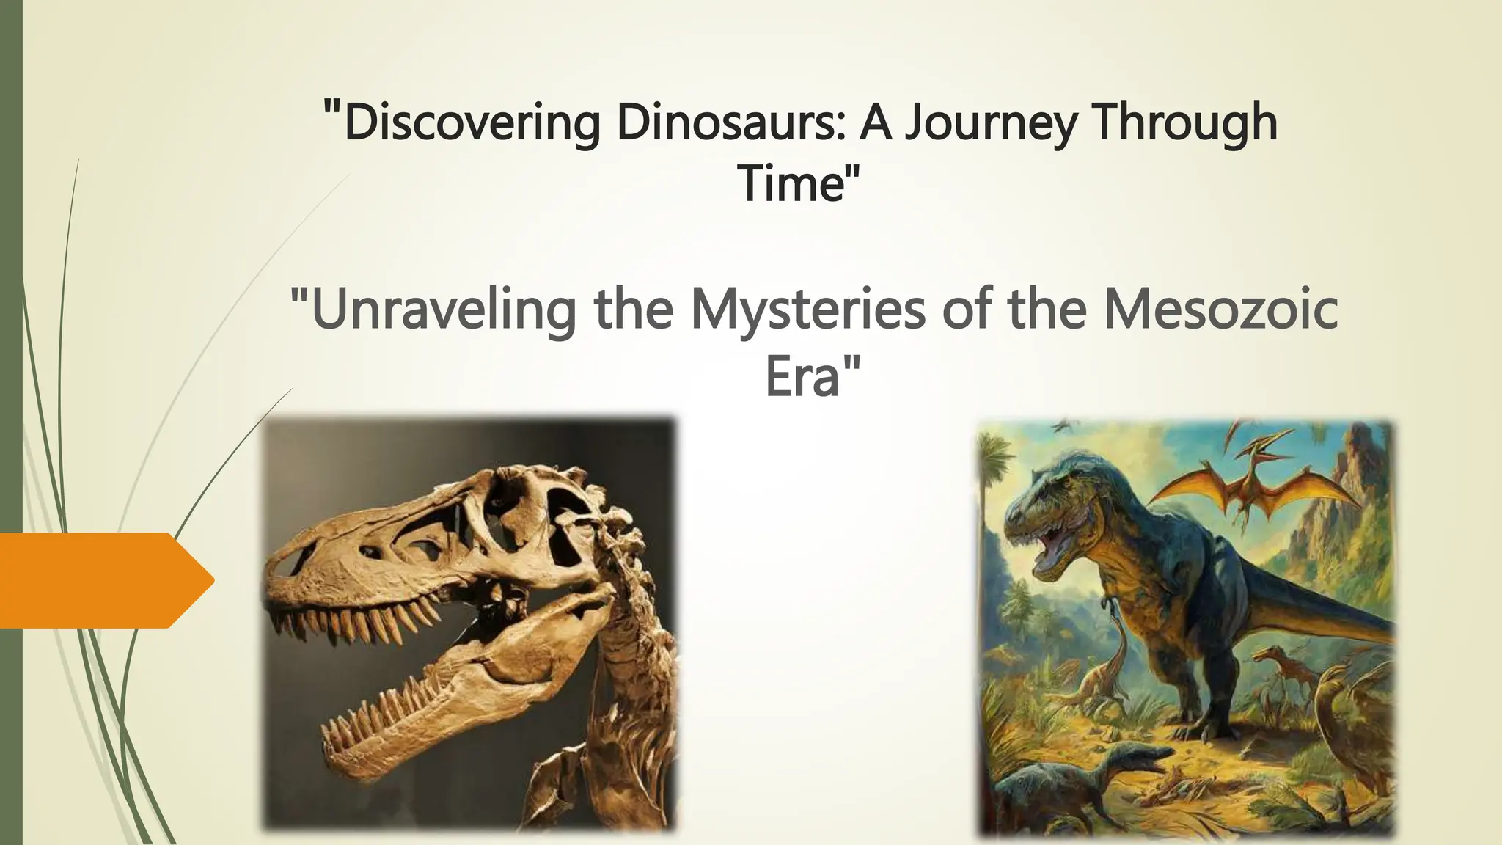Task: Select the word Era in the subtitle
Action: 802,377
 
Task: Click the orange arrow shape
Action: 103,580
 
